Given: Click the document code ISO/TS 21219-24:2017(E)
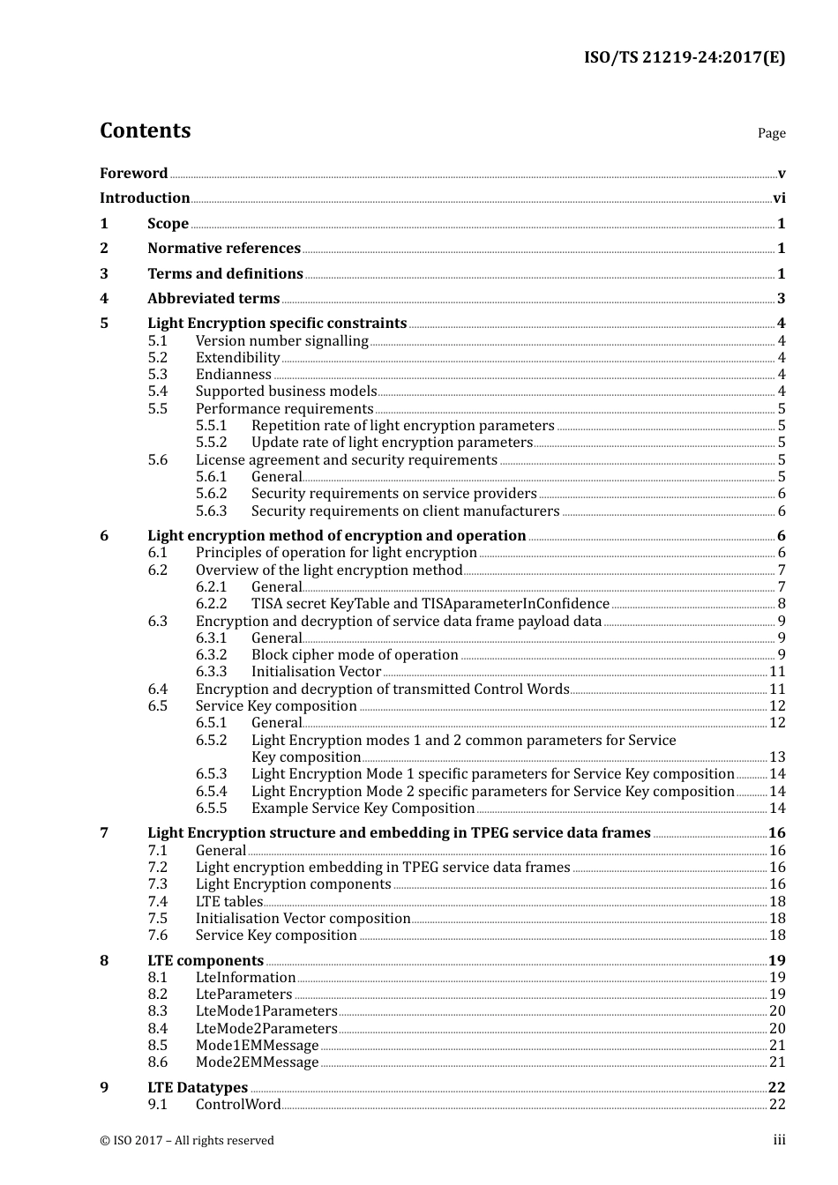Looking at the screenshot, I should coord(684,58).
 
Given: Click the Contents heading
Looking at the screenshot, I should coord(145,130).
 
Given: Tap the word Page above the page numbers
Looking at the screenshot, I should coord(771,133).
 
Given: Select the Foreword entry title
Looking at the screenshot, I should coord(133,173).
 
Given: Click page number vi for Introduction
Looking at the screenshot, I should coord(779,198).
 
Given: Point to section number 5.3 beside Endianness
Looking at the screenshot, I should coord(157,375).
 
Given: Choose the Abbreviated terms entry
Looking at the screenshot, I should coord(213,299).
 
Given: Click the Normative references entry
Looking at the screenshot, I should coord(224,249).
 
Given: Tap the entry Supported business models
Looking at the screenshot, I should coord(286,391).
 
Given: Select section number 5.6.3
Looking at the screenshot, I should coord(211,511).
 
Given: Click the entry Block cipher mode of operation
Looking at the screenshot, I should coord(355,655).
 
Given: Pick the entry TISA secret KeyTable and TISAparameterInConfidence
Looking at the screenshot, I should coord(430,604).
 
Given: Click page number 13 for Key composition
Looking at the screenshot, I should coord(777,757).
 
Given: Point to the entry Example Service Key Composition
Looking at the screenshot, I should coord(363,809).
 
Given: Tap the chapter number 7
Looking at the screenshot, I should coord(104,833).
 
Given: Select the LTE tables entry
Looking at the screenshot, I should coord(229,902).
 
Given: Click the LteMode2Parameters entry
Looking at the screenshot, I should coord(266,1029).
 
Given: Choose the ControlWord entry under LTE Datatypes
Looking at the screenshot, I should coord(238,1105).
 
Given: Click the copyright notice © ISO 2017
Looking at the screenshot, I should coord(186,1141).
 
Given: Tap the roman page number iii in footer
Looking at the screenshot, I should coord(779,1140).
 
